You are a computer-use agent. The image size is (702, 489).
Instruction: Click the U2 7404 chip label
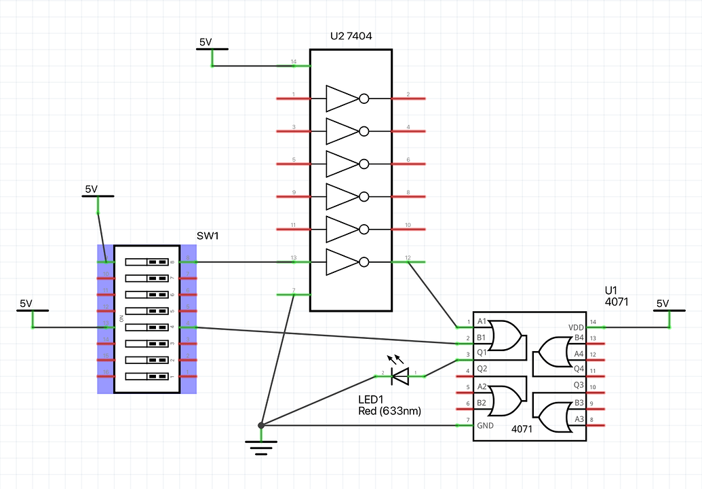coord(351,36)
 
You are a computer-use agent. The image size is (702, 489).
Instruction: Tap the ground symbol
coord(261,446)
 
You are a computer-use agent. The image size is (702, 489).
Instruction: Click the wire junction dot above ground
coord(261,425)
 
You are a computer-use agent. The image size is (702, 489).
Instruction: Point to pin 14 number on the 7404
coord(294,62)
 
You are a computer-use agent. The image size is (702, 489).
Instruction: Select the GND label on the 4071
coord(485,426)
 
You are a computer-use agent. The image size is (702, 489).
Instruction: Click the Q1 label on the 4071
coord(482,352)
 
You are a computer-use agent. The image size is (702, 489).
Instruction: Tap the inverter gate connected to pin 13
coord(346,262)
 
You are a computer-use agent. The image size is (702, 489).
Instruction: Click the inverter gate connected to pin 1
coord(346,98)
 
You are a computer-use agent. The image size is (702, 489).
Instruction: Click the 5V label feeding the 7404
coord(206,42)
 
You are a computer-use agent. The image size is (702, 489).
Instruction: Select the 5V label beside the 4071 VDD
coord(662,304)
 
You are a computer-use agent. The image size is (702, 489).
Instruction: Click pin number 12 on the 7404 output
coord(408,257)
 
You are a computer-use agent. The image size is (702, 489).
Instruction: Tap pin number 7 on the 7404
coord(294,291)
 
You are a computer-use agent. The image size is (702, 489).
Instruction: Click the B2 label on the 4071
coord(482,403)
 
